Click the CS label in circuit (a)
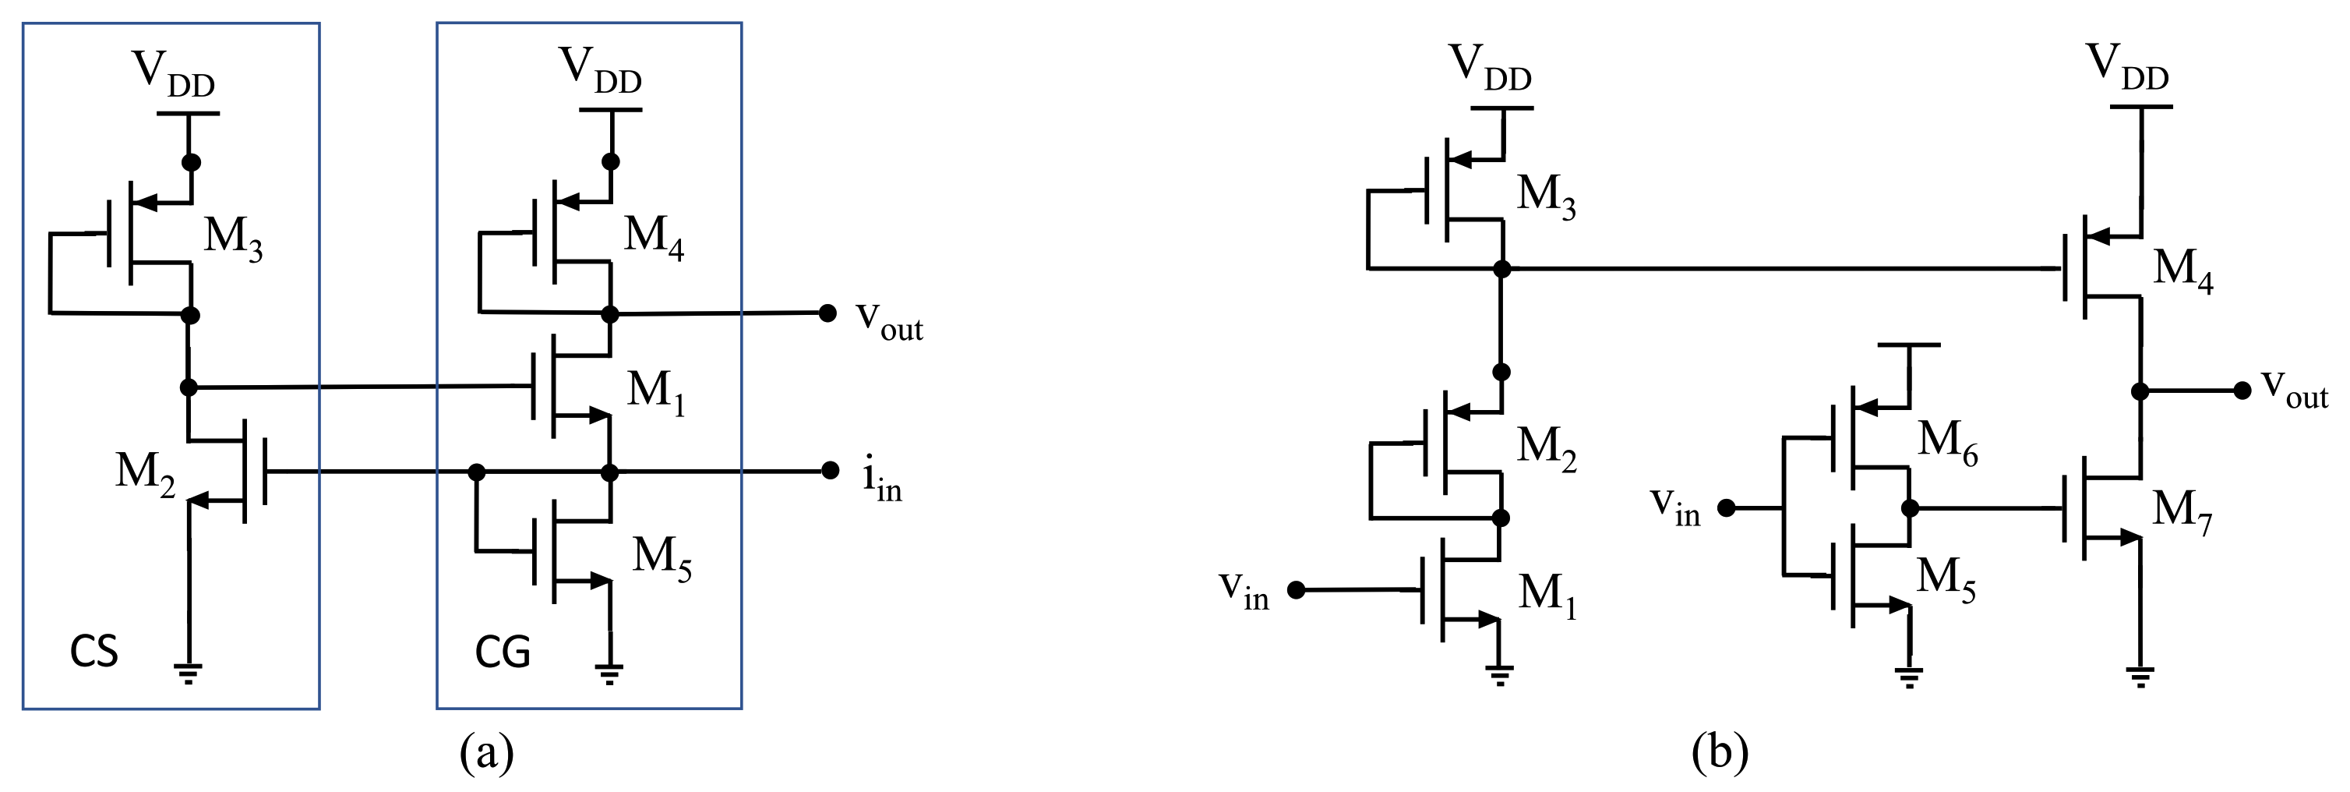94,652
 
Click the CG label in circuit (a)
502,652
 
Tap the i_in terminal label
881,483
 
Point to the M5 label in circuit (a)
662,557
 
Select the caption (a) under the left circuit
487,754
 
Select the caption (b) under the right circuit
1720,754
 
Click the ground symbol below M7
2141,677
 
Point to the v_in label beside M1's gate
1245,591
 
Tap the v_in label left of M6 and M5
1676,507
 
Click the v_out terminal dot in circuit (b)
2242,391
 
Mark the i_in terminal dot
829,471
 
